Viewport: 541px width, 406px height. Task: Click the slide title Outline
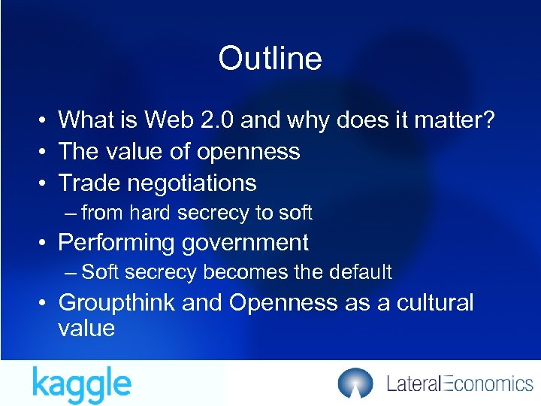pyautogui.click(x=270, y=59)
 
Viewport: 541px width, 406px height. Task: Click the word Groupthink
pyautogui.click(x=116, y=303)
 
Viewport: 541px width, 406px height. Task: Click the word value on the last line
pyautogui.click(x=86, y=329)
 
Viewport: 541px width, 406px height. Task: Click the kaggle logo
pyautogui.click(x=82, y=383)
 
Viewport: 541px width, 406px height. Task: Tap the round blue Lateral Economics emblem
pyautogui.click(x=355, y=383)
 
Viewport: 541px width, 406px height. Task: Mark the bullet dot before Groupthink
pyautogui.click(x=45, y=304)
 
